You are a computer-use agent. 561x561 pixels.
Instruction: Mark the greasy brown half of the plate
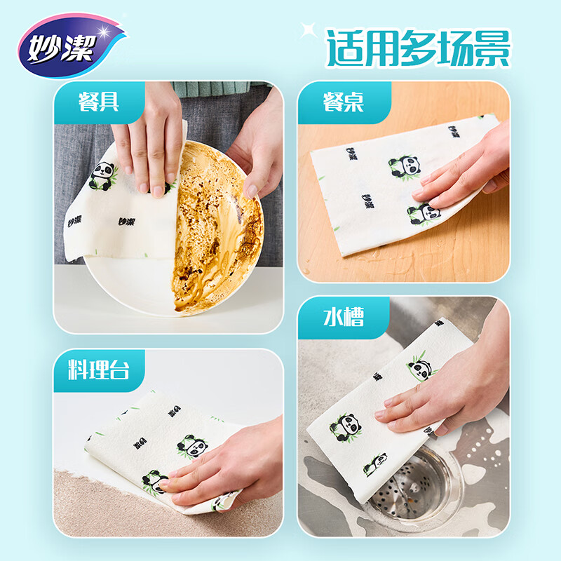217,231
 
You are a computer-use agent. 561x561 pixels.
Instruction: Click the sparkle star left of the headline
306,30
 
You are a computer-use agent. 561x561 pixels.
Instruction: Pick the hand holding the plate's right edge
256,154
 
